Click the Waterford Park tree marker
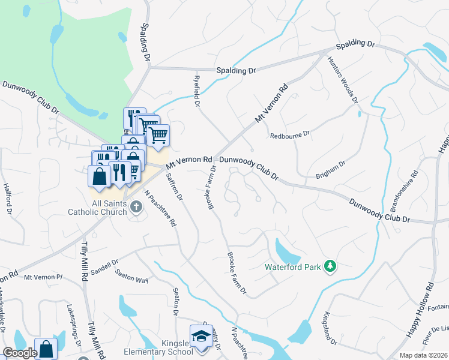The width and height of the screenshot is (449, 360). point(329,266)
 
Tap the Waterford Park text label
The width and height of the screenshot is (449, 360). point(294,266)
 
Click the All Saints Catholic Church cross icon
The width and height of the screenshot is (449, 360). point(136,207)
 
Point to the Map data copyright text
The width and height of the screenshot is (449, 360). point(424,355)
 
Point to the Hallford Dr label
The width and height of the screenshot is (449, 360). point(8,199)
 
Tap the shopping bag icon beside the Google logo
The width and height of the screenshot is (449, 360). point(46,349)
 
